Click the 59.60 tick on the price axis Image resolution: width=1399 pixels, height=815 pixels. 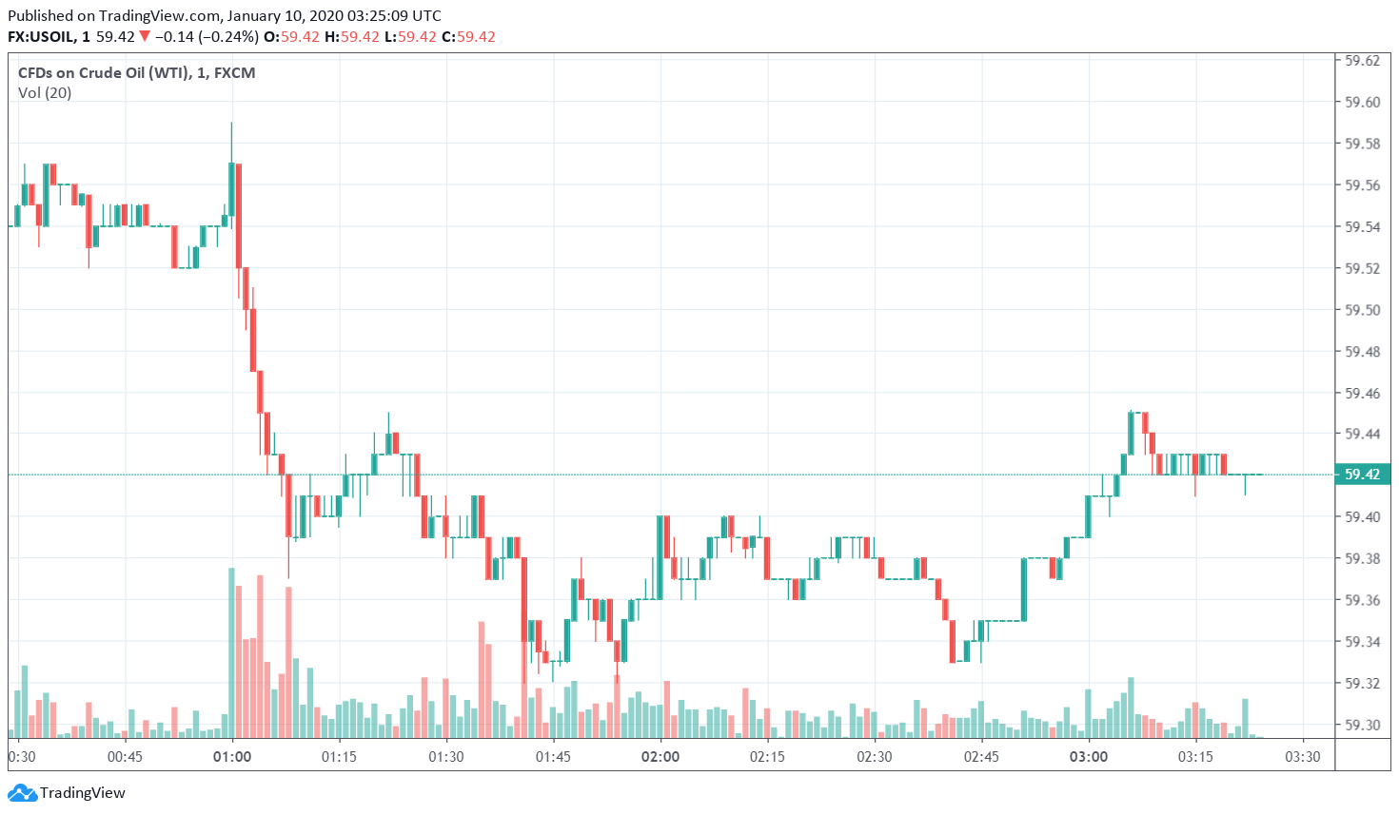[x=1362, y=103]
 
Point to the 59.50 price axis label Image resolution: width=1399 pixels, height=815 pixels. [x=1362, y=310]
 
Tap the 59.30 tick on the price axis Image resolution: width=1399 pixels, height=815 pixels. [x=1362, y=725]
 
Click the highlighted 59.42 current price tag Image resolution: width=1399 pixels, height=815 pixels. [x=1362, y=475]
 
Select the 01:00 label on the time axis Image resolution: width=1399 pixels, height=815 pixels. [x=232, y=757]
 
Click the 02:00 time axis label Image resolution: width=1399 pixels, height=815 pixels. [x=660, y=757]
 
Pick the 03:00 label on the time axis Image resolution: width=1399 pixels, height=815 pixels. [x=1089, y=757]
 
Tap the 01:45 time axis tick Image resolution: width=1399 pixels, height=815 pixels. [x=553, y=757]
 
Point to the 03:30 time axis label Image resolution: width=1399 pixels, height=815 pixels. [x=1303, y=757]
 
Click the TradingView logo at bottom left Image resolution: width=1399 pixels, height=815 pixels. [x=67, y=793]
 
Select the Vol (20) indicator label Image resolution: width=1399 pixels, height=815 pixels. [x=45, y=93]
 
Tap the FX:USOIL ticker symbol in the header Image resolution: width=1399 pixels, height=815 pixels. [x=41, y=37]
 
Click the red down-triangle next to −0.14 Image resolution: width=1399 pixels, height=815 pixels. [x=145, y=37]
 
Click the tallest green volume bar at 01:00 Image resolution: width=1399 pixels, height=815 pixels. [x=231, y=652]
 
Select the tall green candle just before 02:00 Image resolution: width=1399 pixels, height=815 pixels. [x=660, y=557]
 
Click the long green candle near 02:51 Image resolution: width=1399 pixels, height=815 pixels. [x=1024, y=590]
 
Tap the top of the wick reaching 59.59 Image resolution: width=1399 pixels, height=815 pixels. [x=231, y=124]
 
